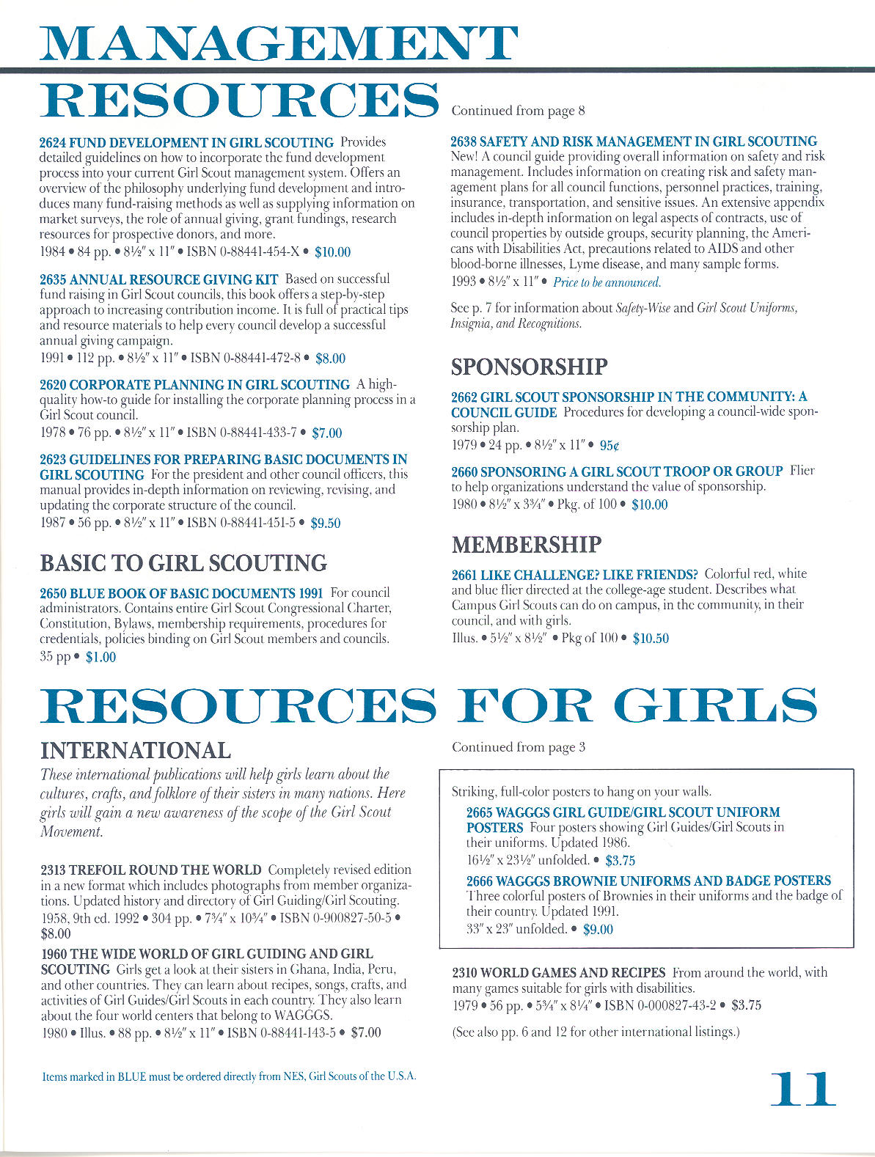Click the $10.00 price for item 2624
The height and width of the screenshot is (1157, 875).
pos(332,252)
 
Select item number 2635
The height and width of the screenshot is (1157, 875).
pos(53,279)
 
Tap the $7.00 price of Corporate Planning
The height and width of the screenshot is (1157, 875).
pos(326,433)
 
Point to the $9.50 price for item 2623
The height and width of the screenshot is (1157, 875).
pos(326,523)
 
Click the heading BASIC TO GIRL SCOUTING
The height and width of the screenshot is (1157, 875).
pos(183,563)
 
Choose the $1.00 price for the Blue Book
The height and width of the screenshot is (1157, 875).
pos(100,657)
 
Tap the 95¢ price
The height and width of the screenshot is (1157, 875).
pos(609,445)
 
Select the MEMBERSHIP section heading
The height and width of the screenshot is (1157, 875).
pos(526,545)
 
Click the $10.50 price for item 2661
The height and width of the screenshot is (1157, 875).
pos(651,638)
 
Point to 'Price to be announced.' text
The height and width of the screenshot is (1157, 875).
pos(607,282)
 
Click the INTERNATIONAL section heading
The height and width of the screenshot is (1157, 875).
pos(136,750)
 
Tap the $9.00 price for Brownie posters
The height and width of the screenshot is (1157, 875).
pos(598,929)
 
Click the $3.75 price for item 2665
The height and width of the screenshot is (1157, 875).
pos(620,860)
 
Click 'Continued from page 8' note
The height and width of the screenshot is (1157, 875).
pos(518,111)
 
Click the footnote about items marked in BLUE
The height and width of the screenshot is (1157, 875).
pos(229,1076)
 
